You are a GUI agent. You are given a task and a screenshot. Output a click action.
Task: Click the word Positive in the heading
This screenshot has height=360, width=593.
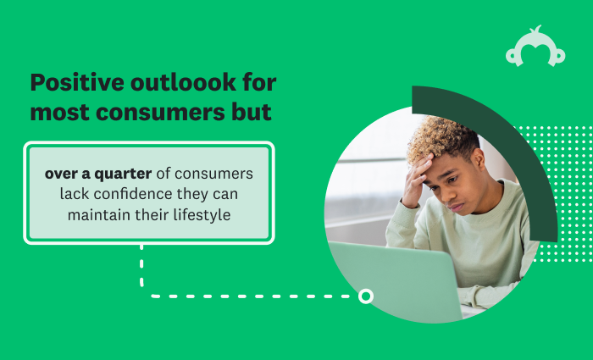[77, 82]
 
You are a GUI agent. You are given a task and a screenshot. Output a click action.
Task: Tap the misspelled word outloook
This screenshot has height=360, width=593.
[184, 82]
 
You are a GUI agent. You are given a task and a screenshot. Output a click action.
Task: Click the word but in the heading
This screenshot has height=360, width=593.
[252, 112]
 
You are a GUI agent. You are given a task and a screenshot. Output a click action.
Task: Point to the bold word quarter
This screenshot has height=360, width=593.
[123, 174]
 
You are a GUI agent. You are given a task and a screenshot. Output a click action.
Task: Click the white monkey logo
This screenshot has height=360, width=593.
[535, 47]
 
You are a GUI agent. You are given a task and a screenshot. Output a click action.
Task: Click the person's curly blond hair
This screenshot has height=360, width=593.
[441, 137]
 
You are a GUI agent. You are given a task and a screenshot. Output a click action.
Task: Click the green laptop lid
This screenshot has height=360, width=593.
[393, 280]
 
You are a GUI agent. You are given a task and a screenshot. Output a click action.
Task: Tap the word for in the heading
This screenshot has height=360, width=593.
[260, 82]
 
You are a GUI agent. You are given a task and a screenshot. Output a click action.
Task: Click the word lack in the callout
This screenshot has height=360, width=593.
[74, 194]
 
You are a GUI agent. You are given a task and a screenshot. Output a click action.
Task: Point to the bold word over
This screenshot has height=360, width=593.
[60, 174]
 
